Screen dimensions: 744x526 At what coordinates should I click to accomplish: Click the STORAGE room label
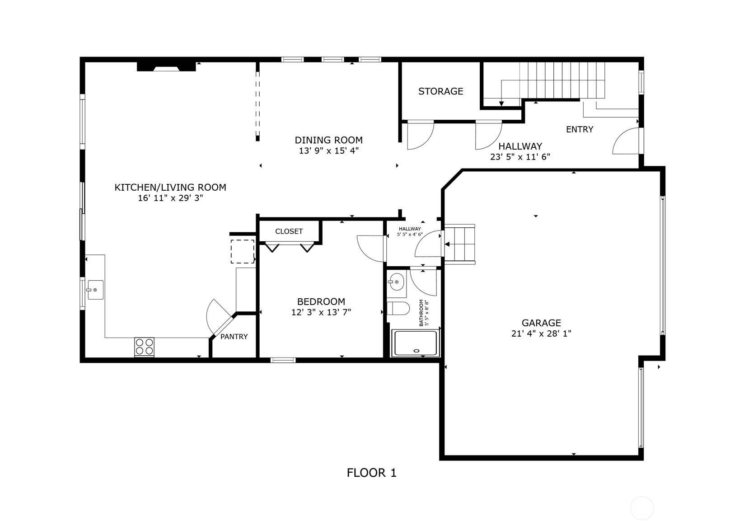(440, 91)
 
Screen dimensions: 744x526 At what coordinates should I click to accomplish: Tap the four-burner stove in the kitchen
(144, 347)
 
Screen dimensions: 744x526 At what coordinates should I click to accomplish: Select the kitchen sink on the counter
(95, 290)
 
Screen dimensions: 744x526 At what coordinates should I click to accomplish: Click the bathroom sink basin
(397, 282)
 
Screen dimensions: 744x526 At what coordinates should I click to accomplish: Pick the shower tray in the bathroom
(416, 343)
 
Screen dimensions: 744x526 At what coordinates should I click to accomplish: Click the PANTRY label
(234, 337)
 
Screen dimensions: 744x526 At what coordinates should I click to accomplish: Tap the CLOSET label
(289, 231)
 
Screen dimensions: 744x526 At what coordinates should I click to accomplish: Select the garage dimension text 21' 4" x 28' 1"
(541, 333)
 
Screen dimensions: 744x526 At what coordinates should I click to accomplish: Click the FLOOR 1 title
(372, 473)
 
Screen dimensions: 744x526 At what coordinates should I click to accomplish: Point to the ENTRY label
(580, 129)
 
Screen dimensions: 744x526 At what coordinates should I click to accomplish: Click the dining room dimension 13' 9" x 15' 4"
(328, 151)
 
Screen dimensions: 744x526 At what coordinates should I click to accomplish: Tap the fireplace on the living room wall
(166, 66)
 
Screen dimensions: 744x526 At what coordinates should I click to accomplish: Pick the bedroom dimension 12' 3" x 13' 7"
(321, 312)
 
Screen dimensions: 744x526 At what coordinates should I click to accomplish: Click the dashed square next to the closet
(243, 252)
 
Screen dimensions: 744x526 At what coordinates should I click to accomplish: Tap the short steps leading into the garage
(460, 244)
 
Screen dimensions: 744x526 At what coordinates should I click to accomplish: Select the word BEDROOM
(321, 302)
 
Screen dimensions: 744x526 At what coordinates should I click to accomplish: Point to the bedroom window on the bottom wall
(283, 360)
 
